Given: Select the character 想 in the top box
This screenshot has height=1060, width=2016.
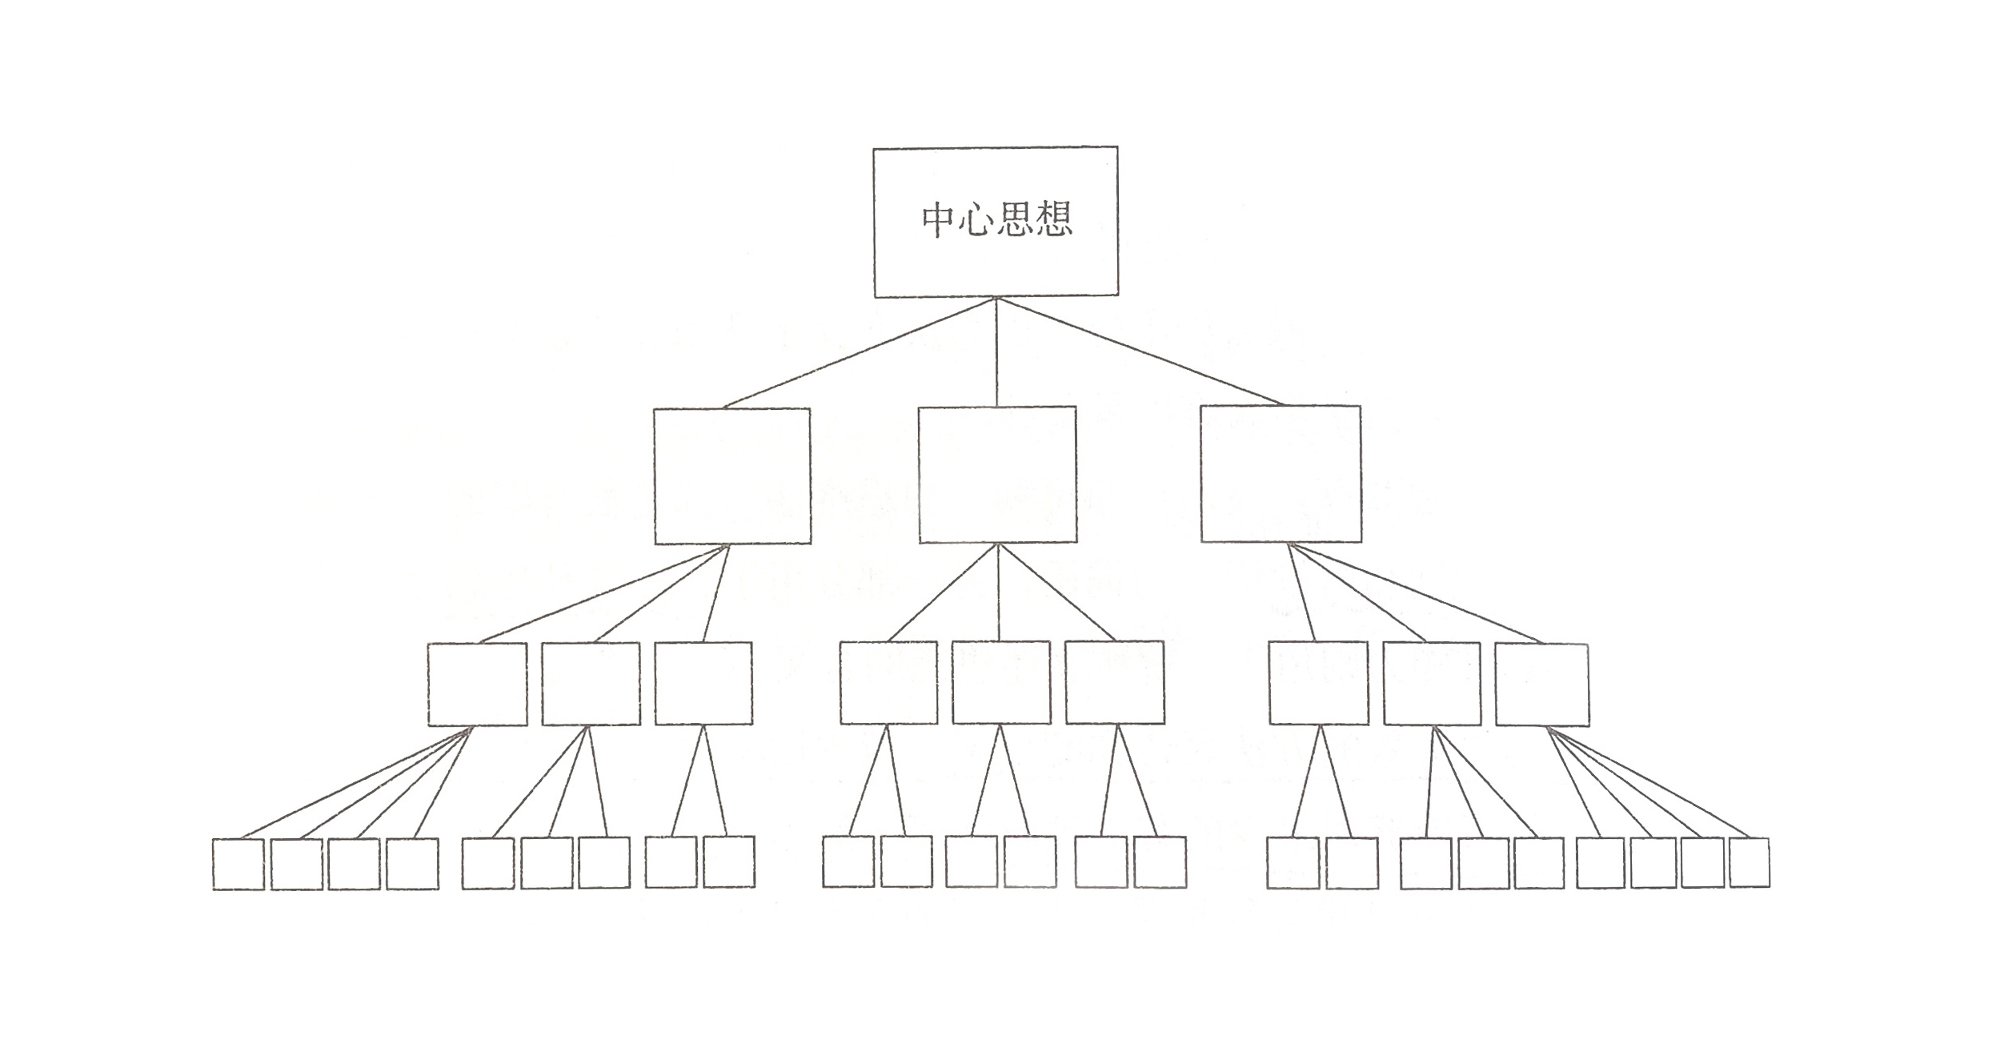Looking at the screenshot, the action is click(1053, 219).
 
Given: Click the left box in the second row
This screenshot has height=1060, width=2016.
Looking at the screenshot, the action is click(732, 476).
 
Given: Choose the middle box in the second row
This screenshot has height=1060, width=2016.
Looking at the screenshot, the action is click(997, 475).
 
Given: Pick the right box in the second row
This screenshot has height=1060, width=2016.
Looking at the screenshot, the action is click(1281, 474).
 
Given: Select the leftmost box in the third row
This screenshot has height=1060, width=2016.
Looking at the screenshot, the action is click(477, 685).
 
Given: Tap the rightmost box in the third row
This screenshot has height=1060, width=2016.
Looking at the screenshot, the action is click(1541, 685).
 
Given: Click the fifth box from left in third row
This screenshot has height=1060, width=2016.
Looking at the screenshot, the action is click(1001, 683).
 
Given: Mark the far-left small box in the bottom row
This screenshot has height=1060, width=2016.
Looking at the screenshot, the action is click(238, 864).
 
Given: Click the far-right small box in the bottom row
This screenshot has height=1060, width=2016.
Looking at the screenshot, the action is click(1749, 863).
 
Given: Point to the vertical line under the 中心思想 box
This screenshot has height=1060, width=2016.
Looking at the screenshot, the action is click(996, 352).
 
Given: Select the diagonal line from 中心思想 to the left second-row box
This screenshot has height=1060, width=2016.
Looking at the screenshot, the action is click(860, 353).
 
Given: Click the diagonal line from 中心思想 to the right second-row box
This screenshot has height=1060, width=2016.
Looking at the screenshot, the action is click(1140, 352).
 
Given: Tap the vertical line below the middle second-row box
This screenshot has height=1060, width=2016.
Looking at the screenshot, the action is click(998, 592).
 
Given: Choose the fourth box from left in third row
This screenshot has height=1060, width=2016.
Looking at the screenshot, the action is click(888, 683).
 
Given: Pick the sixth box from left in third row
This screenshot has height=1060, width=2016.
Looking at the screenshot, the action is click(1115, 683).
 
